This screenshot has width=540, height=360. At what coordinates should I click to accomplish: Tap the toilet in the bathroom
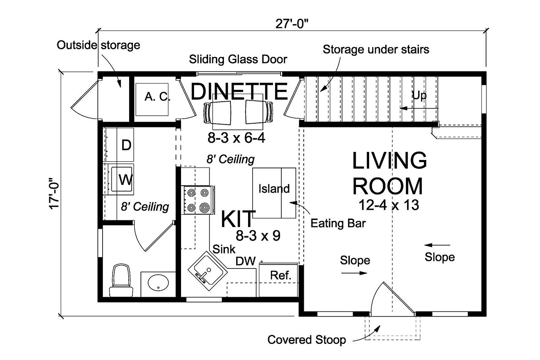click(119, 280)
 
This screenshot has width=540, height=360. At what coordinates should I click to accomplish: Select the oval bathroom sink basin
click(158, 283)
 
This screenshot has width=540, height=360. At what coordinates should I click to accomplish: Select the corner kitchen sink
click(205, 269)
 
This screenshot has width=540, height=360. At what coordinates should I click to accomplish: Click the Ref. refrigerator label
click(281, 276)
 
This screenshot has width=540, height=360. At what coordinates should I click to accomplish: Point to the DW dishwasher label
click(246, 262)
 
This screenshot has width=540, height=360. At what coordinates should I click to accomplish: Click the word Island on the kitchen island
click(274, 189)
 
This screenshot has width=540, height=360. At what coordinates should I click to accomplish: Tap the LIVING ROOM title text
click(389, 173)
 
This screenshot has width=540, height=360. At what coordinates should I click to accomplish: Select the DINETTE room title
click(239, 91)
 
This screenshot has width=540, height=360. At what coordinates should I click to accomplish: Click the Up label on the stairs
click(419, 96)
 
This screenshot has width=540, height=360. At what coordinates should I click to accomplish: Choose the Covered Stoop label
click(307, 340)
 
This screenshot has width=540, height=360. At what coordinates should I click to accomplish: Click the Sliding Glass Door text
click(238, 59)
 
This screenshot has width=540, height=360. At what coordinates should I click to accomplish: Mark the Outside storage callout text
click(98, 45)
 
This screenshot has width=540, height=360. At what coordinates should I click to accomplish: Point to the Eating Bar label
click(338, 223)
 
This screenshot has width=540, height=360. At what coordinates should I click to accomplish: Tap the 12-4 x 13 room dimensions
click(389, 205)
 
